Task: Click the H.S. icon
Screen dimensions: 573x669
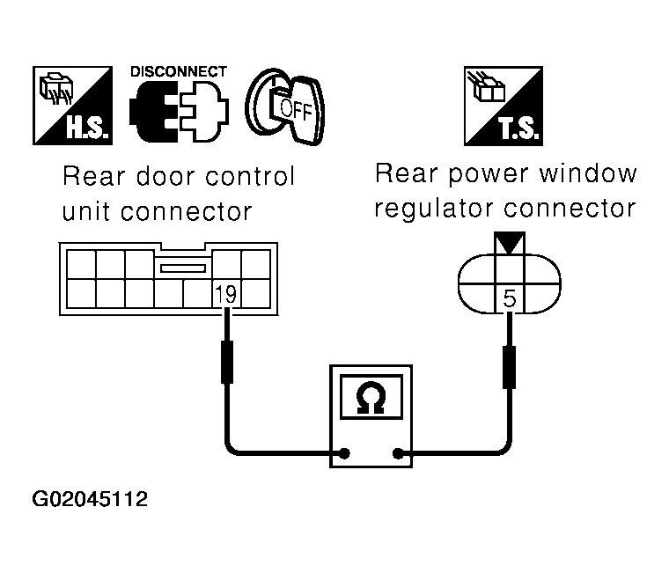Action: tap(73, 107)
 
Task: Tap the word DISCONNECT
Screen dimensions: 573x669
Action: tap(178, 71)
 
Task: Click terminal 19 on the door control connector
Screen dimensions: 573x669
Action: tap(226, 294)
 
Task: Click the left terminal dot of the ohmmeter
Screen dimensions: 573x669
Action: tap(344, 454)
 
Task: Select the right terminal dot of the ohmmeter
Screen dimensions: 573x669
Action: tap(401, 454)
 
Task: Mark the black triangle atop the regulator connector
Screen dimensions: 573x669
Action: tap(510, 243)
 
